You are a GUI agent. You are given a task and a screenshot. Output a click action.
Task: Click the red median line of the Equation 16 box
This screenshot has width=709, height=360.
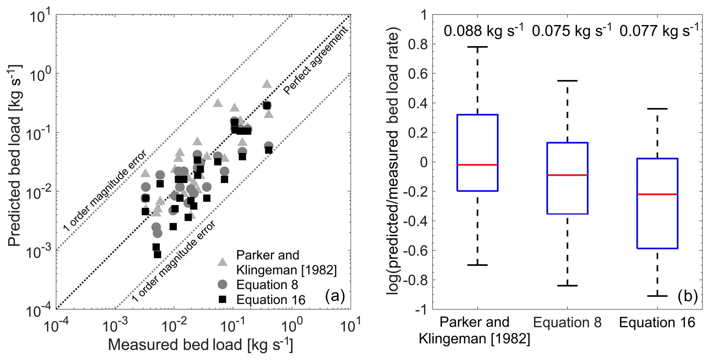(657, 194)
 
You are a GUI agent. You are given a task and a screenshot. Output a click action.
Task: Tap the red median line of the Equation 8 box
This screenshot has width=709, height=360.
(567, 175)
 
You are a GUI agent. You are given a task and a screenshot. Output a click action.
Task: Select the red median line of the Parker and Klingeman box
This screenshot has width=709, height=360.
(477, 165)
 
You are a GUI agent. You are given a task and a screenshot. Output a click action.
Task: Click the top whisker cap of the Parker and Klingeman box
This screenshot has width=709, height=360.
(477, 47)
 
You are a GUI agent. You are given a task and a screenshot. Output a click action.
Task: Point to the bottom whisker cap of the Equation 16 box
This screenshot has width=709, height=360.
(657, 296)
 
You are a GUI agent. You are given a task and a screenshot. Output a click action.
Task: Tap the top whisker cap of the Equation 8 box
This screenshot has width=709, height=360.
(567, 81)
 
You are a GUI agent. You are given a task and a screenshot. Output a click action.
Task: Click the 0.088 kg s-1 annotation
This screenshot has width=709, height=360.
(483, 31)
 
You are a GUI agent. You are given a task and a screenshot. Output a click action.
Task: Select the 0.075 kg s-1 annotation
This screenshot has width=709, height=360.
(571, 31)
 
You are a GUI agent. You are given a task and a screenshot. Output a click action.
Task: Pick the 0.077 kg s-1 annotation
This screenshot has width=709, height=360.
(659, 31)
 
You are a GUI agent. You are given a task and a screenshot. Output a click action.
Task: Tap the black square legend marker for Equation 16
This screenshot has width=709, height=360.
(223, 299)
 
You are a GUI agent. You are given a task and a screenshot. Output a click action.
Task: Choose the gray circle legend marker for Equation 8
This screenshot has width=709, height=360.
(223, 284)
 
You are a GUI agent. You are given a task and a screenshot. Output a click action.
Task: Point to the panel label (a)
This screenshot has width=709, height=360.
(335, 295)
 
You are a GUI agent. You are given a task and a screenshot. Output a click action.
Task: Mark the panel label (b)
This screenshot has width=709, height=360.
(687, 296)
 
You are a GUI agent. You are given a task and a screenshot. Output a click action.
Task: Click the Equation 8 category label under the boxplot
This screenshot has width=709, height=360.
(567, 323)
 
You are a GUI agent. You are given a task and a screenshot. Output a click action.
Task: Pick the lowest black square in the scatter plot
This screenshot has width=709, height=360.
(157, 254)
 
